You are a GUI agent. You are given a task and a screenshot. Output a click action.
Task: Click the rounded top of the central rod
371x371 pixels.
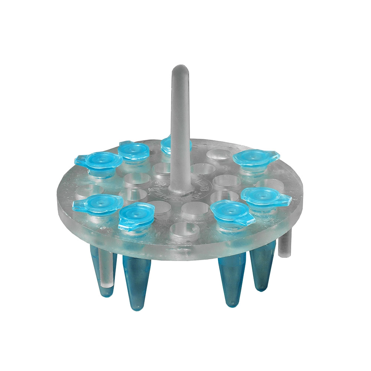tap(180, 70)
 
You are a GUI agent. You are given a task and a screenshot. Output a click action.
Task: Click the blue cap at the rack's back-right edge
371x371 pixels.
tap(256, 158)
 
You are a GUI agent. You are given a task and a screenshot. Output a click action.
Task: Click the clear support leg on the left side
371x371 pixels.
tap(105, 271)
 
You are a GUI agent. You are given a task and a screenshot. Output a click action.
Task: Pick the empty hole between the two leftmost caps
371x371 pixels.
tap(86, 190)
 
